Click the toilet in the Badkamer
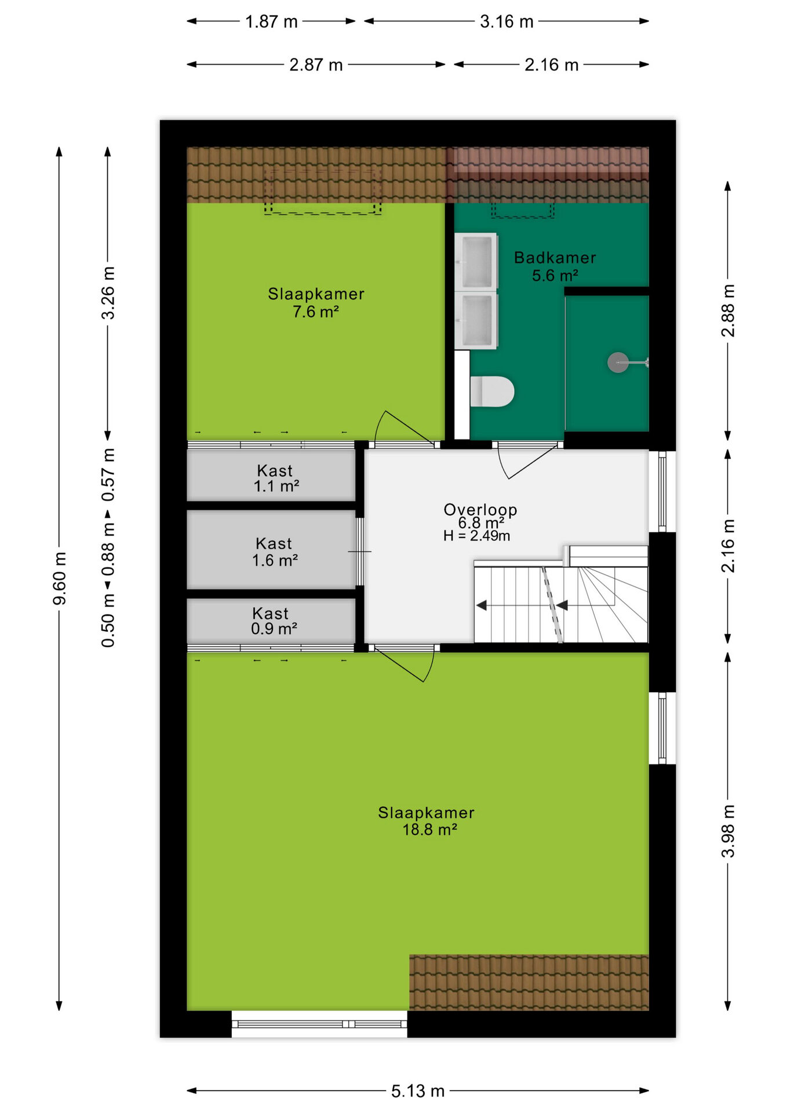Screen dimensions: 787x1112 click(491, 392)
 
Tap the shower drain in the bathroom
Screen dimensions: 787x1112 click(618, 363)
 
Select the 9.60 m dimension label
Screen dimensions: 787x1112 click(60, 579)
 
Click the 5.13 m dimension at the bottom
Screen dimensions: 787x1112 click(417, 1091)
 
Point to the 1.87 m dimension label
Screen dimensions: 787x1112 click(271, 21)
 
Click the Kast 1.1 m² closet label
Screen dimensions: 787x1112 click(276, 478)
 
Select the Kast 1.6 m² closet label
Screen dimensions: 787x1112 click(275, 552)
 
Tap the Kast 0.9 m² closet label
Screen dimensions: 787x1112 click(274, 621)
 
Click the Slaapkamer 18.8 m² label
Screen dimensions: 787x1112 click(427, 821)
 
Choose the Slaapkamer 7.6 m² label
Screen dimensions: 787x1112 click(316, 302)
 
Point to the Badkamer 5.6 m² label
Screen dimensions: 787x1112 click(555, 266)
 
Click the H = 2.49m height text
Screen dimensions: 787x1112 click(476, 536)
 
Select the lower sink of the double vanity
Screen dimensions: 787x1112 click(476, 320)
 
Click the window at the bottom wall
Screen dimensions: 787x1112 click(319, 1024)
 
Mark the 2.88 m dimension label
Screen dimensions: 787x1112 click(728, 311)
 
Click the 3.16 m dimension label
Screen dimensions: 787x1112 click(507, 21)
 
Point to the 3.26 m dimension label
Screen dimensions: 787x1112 click(108, 293)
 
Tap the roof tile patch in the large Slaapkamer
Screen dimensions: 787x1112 click(529, 982)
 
